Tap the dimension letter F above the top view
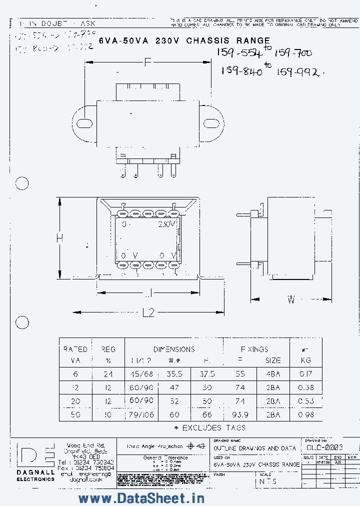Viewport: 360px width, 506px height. (146, 62)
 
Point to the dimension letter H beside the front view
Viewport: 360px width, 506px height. (59, 238)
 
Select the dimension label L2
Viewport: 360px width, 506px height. (148, 313)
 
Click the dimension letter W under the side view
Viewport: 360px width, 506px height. (291, 299)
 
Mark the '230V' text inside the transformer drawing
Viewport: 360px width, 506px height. (167, 224)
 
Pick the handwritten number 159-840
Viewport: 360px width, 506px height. (241, 71)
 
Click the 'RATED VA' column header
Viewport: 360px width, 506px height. (75, 354)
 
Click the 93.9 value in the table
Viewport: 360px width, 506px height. (240, 414)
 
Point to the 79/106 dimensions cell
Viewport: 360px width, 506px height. (142, 414)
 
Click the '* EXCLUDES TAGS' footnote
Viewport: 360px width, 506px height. (209, 428)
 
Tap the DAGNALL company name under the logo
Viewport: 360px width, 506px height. (35, 472)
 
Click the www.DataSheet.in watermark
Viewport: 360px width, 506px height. (141, 498)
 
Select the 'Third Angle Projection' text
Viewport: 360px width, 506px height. (154, 446)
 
